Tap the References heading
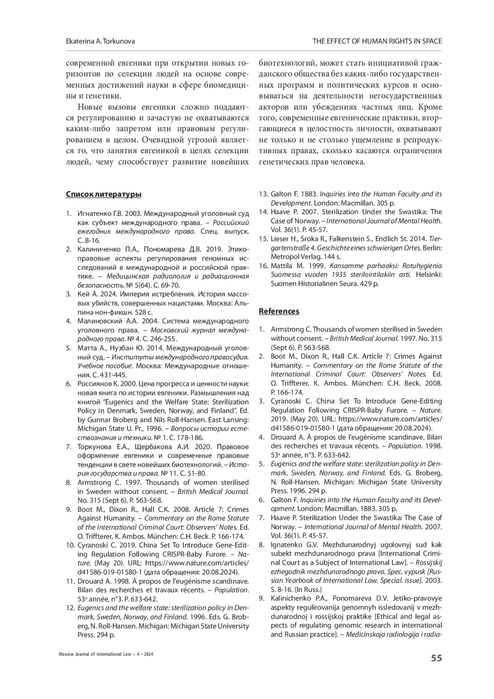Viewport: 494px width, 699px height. [279, 311]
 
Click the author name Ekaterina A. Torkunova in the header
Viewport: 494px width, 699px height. [100, 41]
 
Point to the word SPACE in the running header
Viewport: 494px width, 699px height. [431, 41]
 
